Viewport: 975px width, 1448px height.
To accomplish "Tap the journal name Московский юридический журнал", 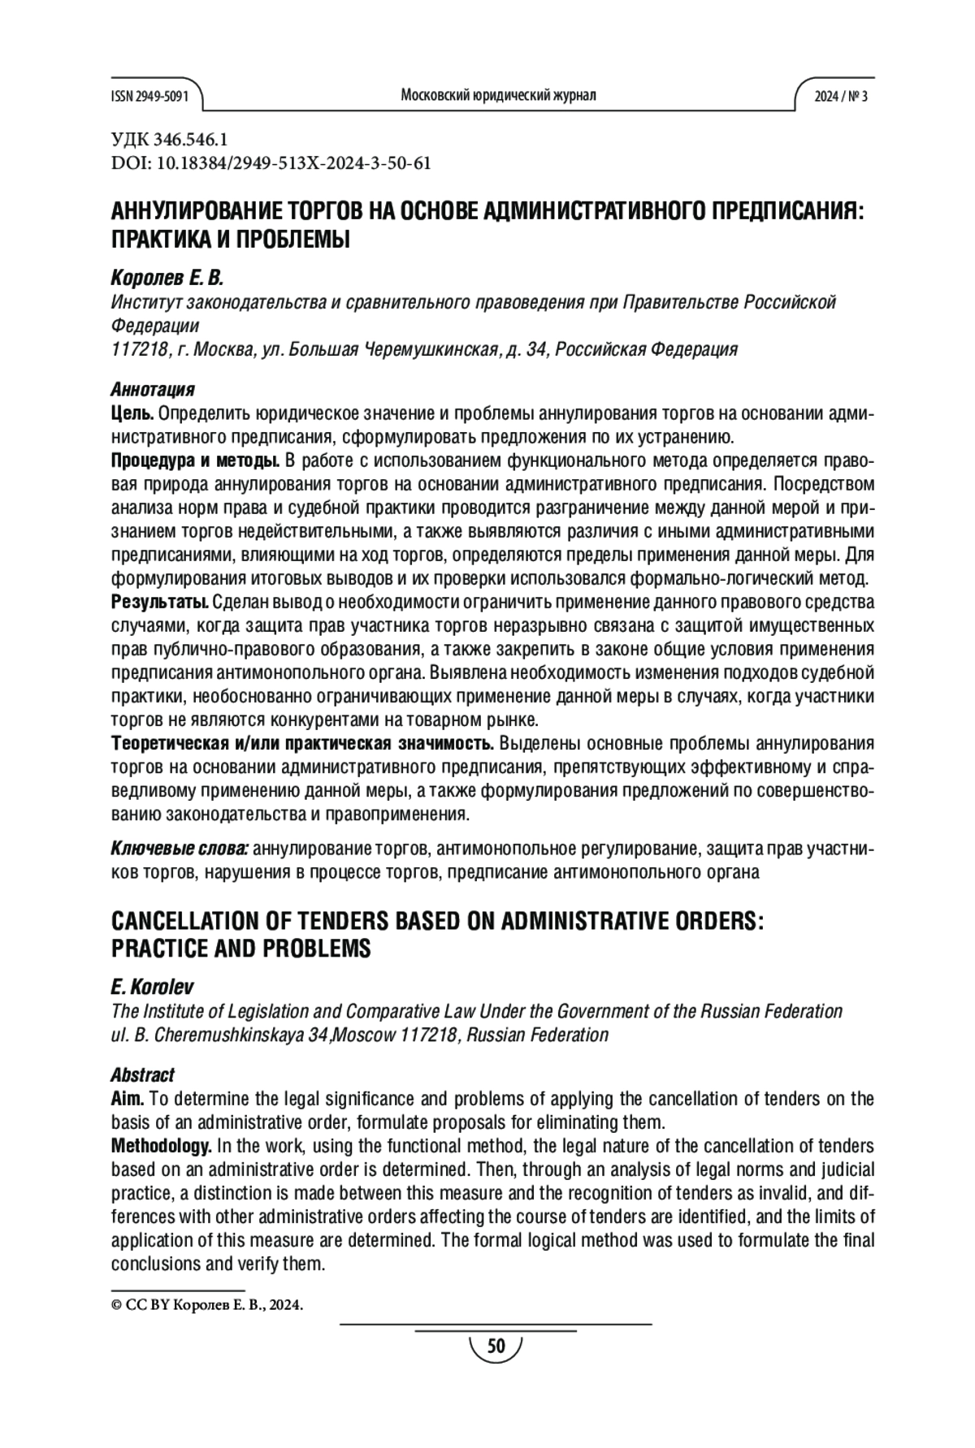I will tap(498, 95).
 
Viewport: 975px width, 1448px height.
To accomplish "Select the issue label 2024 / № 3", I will tap(841, 96).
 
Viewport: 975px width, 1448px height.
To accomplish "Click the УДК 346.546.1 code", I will tap(169, 140).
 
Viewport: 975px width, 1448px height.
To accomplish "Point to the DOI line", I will tap(270, 163).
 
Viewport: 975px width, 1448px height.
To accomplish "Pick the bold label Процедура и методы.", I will tap(195, 462).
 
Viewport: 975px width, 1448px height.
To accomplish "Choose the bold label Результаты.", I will tap(159, 603).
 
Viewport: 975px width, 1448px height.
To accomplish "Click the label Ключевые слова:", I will tap(179, 849).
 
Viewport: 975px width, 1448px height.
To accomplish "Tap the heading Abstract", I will tap(142, 1075).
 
